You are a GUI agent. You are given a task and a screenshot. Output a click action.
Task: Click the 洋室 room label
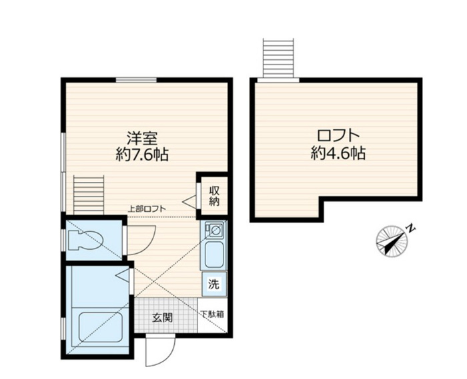[142, 139]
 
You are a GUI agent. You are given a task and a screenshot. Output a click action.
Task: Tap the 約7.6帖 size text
[142, 155]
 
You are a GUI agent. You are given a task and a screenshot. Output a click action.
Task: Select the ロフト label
[338, 136]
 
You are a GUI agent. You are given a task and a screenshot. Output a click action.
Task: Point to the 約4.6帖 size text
[338, 153]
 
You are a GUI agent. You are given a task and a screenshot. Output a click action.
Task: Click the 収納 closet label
[214, 196]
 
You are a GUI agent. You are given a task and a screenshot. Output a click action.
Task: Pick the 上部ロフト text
[147, 208]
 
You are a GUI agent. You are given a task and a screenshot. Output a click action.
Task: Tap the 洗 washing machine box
[214, 284]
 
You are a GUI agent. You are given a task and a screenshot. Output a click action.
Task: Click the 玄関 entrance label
[163, 318]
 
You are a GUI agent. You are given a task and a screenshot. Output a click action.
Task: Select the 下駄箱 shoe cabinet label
[212, 314]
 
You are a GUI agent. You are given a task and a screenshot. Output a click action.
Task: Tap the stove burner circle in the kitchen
[215, 230]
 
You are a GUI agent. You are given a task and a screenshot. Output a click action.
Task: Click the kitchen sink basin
[214, 254]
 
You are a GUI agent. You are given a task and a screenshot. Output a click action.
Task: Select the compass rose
[392, 240]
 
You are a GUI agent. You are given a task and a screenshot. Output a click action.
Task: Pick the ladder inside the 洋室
[89, 195]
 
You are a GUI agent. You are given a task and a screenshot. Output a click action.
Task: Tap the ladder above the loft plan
[278, 58]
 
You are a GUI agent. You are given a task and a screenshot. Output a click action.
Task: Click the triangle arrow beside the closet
[189, 202]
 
